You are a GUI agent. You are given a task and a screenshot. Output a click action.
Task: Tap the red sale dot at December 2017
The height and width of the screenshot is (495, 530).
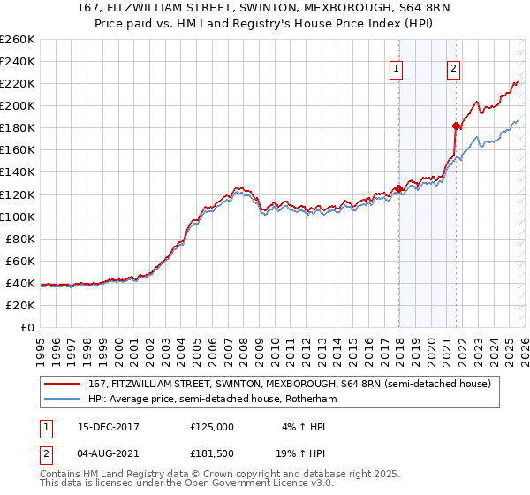click(398, 188)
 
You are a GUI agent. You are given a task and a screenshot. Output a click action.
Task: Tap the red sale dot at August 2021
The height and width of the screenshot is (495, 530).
click(456, 126)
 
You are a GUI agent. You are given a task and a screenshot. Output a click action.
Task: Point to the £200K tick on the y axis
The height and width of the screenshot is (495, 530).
click(18, 105)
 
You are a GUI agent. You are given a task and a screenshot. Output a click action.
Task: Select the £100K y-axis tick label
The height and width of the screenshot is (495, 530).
click(18, 217)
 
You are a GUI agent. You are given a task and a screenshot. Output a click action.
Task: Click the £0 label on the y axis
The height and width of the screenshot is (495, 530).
click(27, 327)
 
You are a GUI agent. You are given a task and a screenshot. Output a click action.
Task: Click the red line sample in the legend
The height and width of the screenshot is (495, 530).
click(63, 384)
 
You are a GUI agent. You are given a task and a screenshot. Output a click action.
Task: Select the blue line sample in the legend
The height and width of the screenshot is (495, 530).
click(63, 399)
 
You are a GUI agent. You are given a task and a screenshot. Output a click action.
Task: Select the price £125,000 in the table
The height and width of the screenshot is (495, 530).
click(212, 426)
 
